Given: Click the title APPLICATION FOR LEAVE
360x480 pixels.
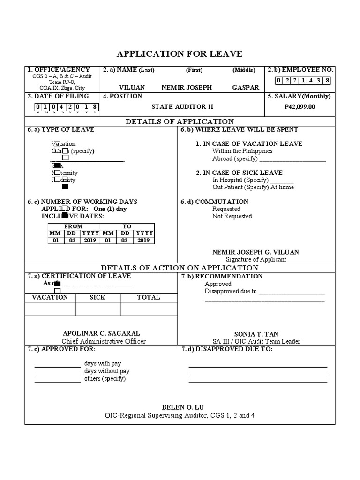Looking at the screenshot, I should pos(180,53).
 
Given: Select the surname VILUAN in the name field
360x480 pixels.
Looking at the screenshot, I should pos(132,88).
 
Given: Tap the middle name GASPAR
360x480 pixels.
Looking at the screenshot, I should pos(245,88).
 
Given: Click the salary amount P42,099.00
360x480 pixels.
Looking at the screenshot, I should pos(300,106).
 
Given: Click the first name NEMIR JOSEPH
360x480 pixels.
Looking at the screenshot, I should pos(187,88).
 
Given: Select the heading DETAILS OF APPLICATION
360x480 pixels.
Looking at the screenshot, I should pos(180,121).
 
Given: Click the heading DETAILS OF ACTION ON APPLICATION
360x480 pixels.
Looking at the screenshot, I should pos(180,268).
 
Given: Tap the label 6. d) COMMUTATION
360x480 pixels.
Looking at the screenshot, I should pos(215,202).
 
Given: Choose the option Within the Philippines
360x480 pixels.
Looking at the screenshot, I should pos(242,151).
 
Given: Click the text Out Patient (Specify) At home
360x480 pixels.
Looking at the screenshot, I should pos(253,187).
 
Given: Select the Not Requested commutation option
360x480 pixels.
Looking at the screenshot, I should pos(232,216).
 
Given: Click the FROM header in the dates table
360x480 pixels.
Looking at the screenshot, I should pos(73,226).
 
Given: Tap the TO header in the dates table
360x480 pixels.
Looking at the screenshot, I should pos(127,226).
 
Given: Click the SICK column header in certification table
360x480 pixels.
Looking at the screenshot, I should pos(97,297).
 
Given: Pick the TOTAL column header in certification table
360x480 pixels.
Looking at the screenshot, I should pos(148,297).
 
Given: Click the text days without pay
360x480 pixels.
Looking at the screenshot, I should pos(107,371).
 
